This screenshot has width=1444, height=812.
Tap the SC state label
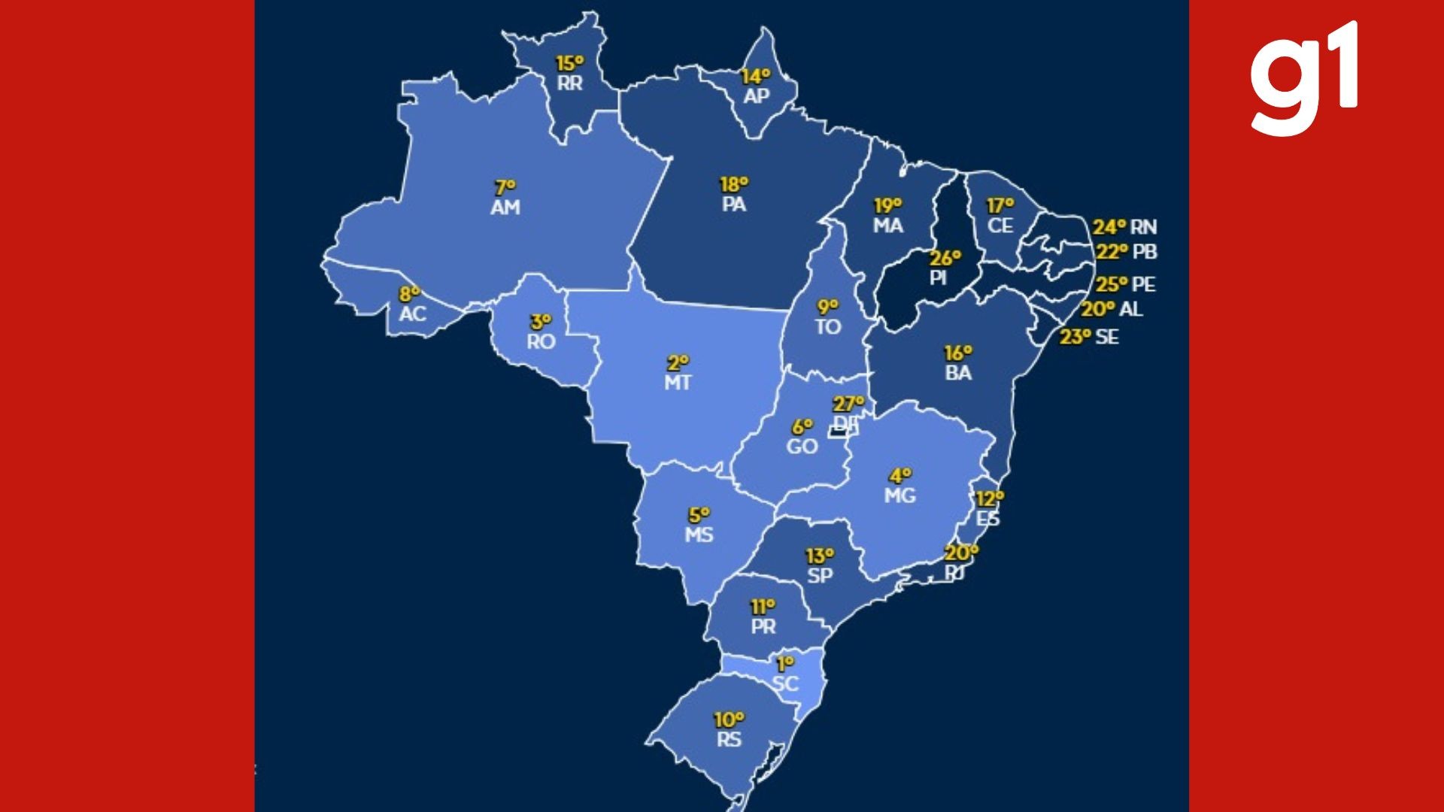(785, 683)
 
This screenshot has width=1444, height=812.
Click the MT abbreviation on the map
(677, 383)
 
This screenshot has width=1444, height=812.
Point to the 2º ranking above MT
(678, 363)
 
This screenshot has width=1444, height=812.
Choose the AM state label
(505, 207)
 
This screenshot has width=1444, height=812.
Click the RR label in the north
(569, 83)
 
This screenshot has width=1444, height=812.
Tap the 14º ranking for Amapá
(755, 77)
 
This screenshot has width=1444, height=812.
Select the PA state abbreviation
(733, 204)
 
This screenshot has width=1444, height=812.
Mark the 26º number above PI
(945, 258)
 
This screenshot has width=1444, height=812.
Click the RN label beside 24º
(1143, 227)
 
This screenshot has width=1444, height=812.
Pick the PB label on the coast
(1144, 252)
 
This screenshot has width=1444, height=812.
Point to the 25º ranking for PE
(1112, 284)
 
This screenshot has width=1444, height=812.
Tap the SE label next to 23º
(1107, 337)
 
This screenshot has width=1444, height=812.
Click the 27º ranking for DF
(848, 404)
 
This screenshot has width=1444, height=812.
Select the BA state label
(958, 372)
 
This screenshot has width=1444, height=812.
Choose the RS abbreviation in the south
(729, 739)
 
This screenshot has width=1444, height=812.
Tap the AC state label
(412, 314)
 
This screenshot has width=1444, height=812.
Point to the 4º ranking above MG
(900, 476)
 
